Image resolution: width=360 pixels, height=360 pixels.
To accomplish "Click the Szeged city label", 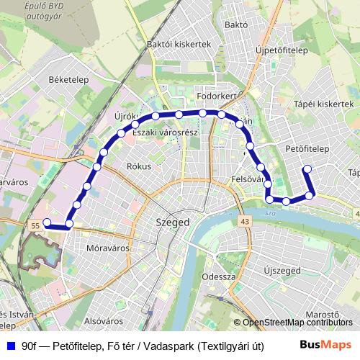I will point(173,222).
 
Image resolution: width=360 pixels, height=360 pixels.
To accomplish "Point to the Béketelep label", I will point(68,79).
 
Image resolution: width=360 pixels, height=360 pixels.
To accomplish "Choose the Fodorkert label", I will point(217,95).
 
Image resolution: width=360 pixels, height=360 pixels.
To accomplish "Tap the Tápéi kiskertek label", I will point(324,104).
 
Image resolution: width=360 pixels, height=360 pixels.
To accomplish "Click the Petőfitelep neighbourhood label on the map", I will point(307,149).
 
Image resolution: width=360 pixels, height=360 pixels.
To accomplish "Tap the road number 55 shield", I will point(34,226).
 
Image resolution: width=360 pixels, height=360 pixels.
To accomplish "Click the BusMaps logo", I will point(330,346).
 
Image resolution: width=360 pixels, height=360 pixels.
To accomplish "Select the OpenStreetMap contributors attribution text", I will point(298,323).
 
